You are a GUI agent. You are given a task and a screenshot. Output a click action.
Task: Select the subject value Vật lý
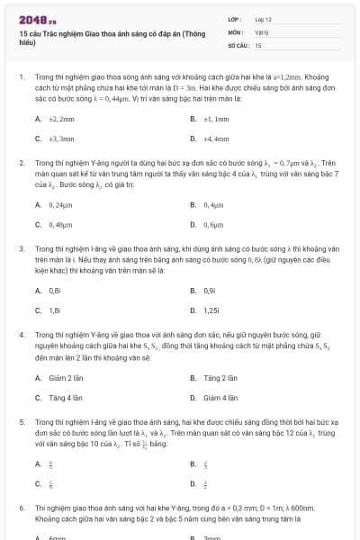[x=261, y=31]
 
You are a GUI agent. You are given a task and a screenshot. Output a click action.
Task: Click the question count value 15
[x=258, y=44]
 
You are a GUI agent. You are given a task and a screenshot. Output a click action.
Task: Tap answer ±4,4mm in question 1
[x=216, y=139]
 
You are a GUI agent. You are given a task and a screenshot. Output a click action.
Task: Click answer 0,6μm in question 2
[x=213, y=224]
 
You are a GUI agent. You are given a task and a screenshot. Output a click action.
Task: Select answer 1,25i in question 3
[x=211, y=310]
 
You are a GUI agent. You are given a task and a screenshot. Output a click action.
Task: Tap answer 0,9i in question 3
[x=210, y=291]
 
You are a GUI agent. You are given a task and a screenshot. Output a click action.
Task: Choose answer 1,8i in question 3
[x=55, y=310]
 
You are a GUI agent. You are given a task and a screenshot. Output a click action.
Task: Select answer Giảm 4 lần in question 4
[x=220, y=397]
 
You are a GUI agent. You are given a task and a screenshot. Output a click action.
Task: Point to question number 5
[x=22, y=421]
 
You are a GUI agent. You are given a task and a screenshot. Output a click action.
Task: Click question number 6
[x=22, y=508]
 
